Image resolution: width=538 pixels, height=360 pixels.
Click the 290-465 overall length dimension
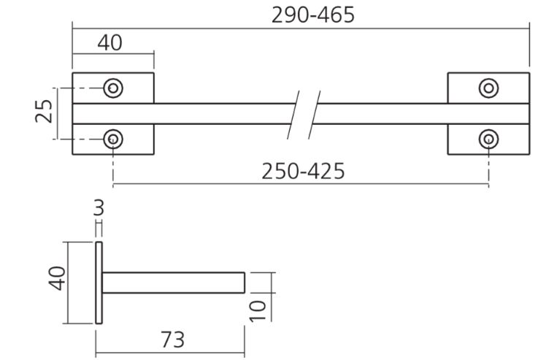point(313,14)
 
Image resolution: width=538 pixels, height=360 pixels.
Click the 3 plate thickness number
point(99,207)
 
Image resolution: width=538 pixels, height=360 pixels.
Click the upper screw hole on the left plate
point(112,88)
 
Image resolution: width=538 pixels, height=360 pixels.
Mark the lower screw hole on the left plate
point(112,138)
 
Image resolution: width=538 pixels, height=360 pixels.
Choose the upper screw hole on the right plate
point(488,88)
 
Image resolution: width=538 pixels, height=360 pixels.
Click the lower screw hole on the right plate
point(488,138)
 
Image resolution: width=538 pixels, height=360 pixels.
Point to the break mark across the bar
point(304,113)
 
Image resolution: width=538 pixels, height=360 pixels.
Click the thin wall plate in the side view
point(99,282)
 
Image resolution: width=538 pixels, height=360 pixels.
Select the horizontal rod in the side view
point(172,283)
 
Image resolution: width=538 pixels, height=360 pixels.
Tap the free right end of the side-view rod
point(243,283)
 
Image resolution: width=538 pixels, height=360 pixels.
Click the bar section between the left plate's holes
point(112,113)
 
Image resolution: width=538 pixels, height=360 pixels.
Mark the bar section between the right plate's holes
point(488,113)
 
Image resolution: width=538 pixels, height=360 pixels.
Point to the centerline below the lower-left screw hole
point(113,166)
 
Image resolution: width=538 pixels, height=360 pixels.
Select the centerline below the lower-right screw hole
point(488,166)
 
